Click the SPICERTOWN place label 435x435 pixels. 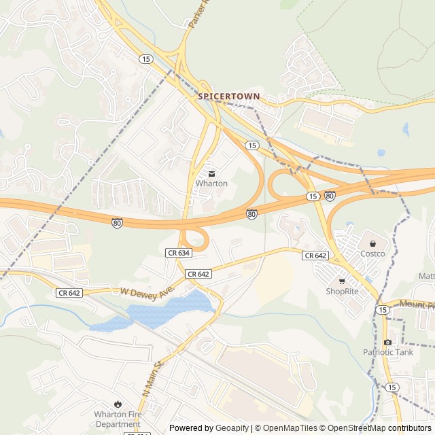tap(229, 97)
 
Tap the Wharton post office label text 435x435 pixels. tap(211, 184)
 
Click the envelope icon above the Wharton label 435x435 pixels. tap(211, 173)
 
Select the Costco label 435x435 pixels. tap(372, 254)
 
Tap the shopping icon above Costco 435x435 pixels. tap(372, 243)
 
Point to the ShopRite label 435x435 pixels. tap(342, 292)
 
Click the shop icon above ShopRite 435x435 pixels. tap(342, 281)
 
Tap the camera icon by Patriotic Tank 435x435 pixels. tap(387, 342)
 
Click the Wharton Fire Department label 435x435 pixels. tap(118, 419)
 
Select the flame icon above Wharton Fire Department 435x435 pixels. tap(118, 404)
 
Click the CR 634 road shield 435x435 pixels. tap(178, 252)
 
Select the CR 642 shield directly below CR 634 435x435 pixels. tap(198, 273)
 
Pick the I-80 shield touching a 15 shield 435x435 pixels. tap(329, 196)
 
